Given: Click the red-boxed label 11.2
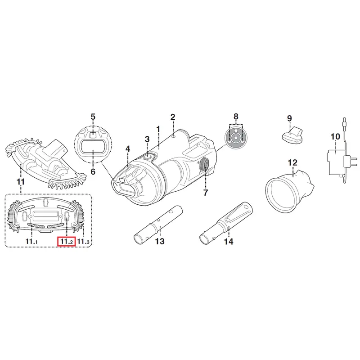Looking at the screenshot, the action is point(66,241).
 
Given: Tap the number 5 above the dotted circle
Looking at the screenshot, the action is point(93,117).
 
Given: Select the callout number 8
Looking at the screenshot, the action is point(236,117).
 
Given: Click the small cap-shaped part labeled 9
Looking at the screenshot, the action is point(292,136).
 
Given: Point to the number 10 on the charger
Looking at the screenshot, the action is point(335,136).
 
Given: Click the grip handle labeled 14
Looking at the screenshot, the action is point(226,223).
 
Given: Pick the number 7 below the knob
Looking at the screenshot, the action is point(205,193).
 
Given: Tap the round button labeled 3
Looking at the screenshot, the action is point(148,157).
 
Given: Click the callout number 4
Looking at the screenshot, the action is point(128,149).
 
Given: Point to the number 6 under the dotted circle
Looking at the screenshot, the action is point(93,171).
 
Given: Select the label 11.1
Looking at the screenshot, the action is point(31,241).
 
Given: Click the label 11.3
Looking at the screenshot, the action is point(83,241).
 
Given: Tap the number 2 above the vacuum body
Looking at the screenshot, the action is point(173,117).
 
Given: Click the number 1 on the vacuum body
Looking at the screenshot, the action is point(158,129).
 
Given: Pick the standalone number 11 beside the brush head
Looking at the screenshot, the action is point(21,182).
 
